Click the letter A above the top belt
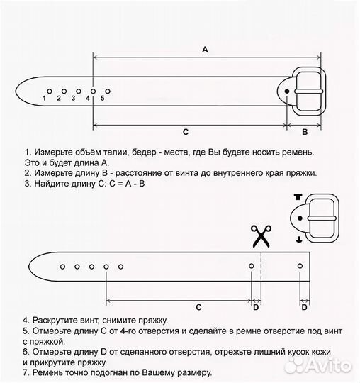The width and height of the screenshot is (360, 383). (x=205, y=49)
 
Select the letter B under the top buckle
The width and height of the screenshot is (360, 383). (x=305, y=131)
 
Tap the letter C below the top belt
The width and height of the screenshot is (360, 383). (x=185, y=131)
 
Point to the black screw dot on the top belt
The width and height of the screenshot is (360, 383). (x=287, y=91)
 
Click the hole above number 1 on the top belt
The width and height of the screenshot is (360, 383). (x=48, y=91)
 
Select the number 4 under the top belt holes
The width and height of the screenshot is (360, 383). (x=88, y=99)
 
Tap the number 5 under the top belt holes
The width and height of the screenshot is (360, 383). (x=103, y=99)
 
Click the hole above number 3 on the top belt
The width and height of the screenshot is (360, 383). (x=78, y=91)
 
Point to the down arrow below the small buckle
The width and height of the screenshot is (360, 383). (x=299, y=240)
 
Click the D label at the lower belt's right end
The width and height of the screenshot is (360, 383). (x=304, y=307)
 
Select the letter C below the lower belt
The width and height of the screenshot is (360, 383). (x=199, y=307)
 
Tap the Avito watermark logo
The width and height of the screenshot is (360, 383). (x=322, y=365)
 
